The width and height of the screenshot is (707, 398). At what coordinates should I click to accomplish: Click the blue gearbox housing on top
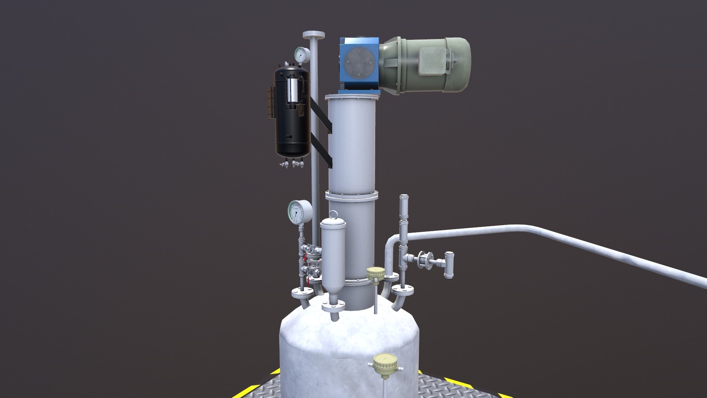click(359, 64)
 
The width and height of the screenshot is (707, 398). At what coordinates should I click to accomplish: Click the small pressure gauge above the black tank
click(302, 55)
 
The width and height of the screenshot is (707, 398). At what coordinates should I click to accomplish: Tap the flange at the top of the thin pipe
click(314, 35)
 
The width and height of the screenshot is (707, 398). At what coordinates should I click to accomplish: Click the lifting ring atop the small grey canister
click(333, 214)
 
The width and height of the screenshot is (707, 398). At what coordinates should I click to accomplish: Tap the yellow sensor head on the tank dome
click(376, 273)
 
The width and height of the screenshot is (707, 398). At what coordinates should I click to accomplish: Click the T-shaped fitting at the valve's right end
click(449, 264)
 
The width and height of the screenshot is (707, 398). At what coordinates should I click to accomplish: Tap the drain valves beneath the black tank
click(293, 163)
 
